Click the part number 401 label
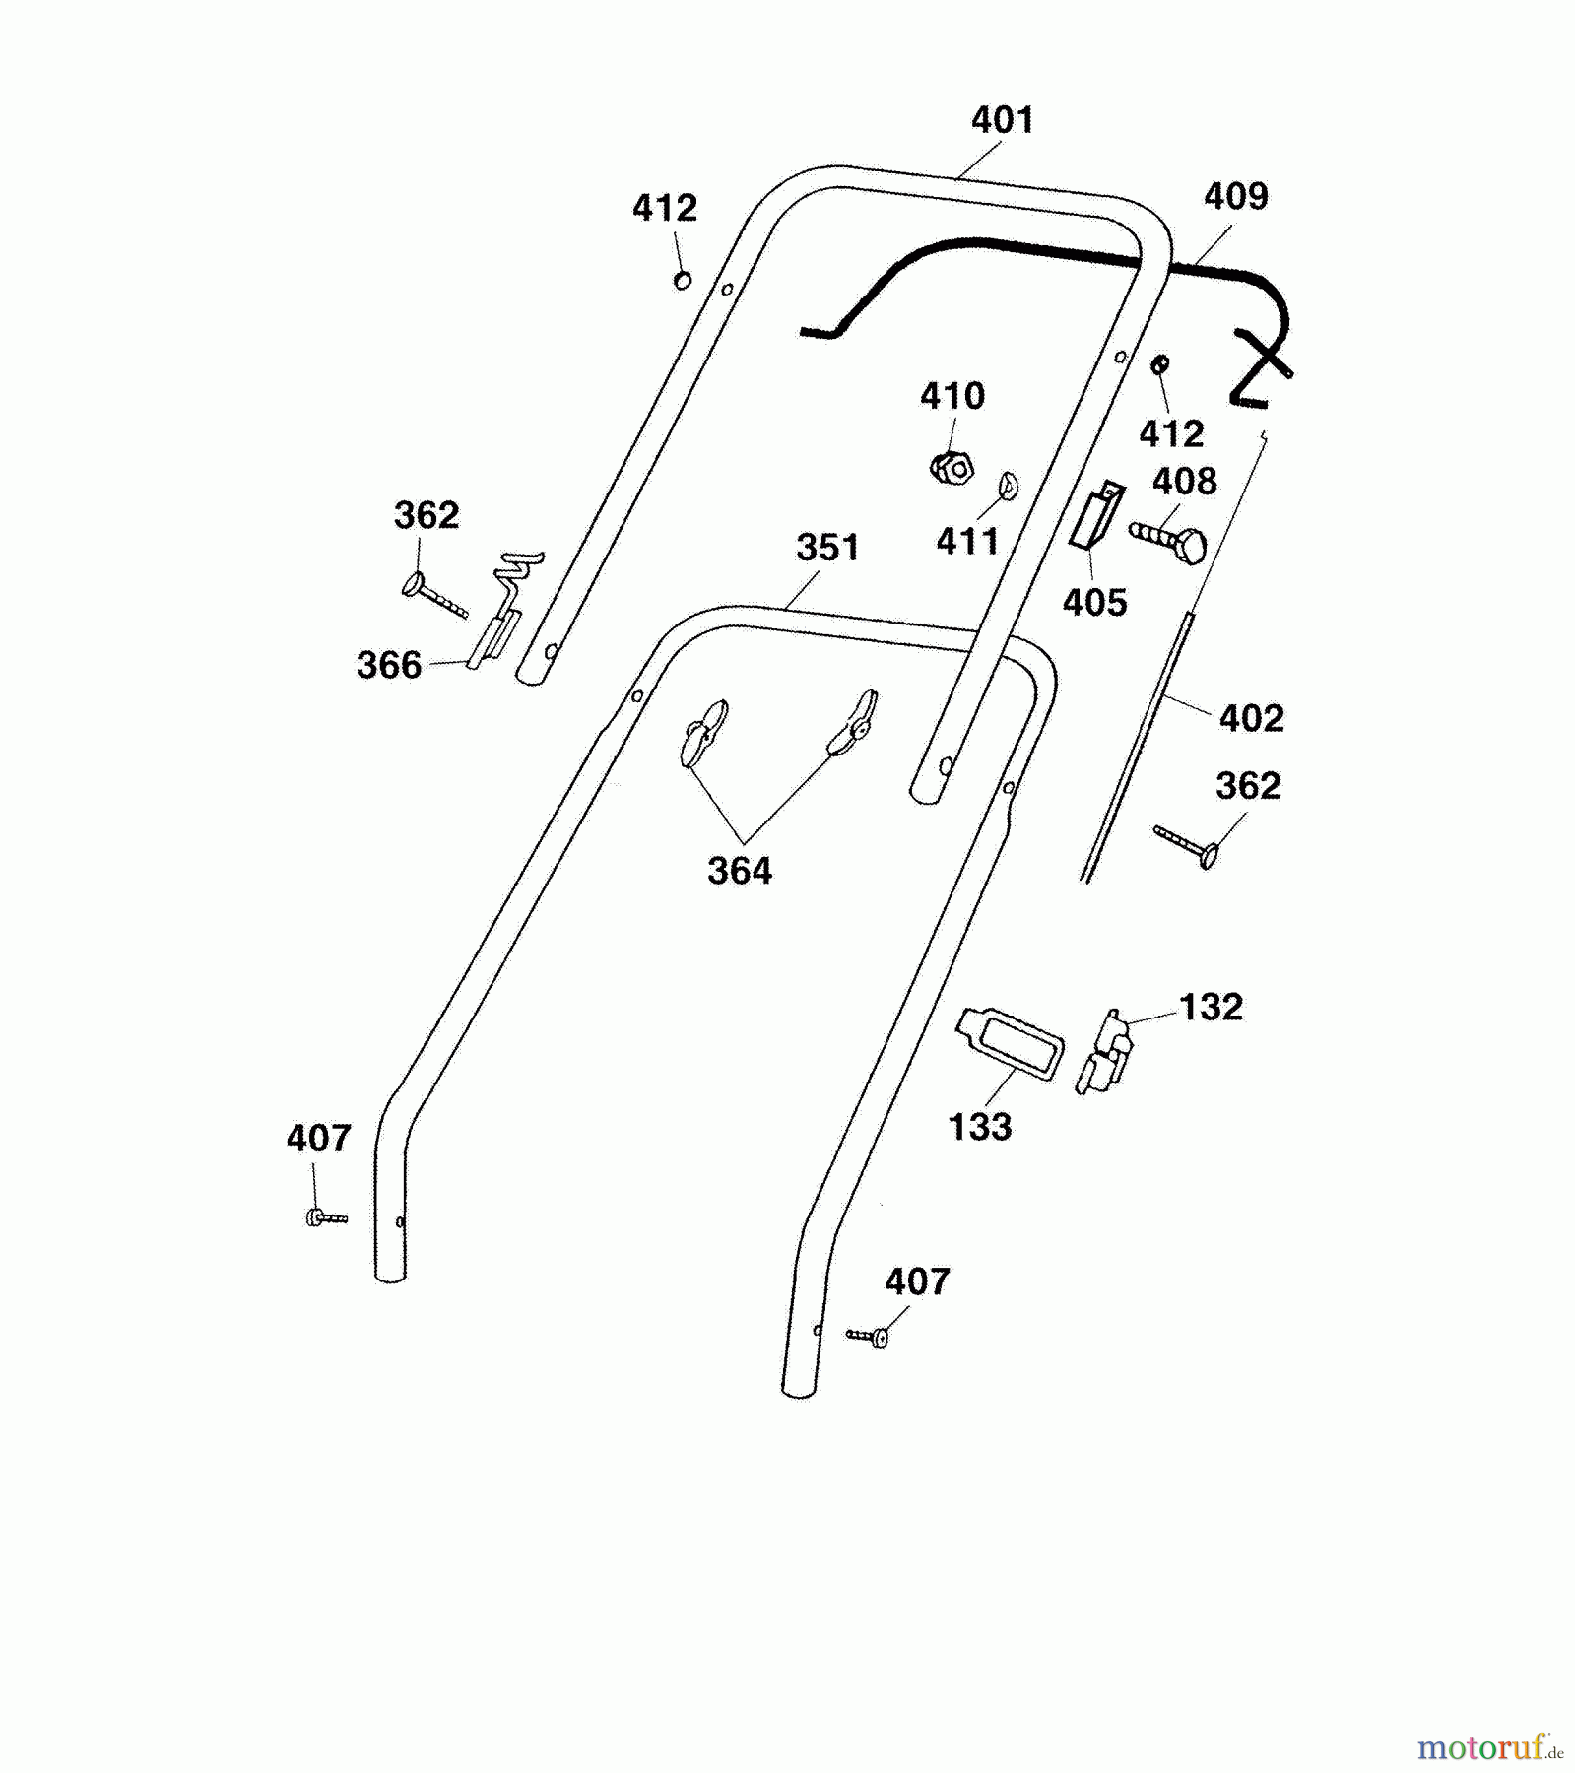click(1003, 120)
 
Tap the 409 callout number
click(1236, 196)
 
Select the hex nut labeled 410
click(952, 467)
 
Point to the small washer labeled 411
click(1008, 485)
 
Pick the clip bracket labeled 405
click(1095, 517)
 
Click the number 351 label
click(827, 548)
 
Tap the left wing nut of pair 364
click(702, 732)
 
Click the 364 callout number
click(740, 871)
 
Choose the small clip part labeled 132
click(1105, 1052)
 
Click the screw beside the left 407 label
click(325, 1218)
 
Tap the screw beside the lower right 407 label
click(870, 1336)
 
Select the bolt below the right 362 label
click(1188, 846)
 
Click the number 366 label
click(389, 666)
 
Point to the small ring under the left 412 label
click(682, 281)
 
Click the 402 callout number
click(1251, 718)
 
